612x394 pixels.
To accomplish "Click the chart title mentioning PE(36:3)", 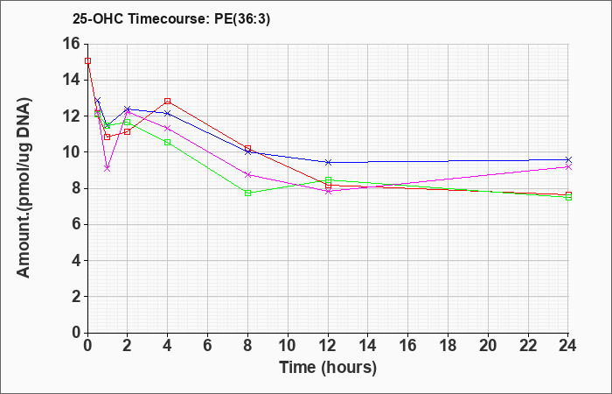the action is point(171,18).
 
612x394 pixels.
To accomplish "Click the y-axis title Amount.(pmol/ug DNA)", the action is point(24,187).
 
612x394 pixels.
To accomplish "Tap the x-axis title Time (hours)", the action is point(328,368).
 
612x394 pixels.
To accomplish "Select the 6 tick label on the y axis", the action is point(77,224).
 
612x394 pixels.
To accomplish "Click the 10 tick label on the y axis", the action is point(72,152).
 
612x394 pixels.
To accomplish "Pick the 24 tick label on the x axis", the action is point(567,345).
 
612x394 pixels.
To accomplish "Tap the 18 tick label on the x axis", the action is point(448,345).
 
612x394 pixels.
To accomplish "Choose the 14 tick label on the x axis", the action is point(368,345).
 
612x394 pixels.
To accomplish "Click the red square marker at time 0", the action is point(87,61).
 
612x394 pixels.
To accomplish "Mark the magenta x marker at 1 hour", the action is point(108,168).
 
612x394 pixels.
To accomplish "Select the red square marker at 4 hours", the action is point(168,102).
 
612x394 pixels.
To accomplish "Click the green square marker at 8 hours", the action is point(247,193).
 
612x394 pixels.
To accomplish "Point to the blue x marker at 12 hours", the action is point(328,162).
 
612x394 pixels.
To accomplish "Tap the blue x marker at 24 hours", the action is point(568,160).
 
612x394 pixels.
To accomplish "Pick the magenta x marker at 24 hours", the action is point(568,167).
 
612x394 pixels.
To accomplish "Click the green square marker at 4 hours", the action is point(168,142).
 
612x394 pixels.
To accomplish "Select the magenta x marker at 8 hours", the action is point(247,175).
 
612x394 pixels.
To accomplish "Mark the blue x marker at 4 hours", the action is point(168,113).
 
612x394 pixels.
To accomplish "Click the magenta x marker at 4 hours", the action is point(168,128).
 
